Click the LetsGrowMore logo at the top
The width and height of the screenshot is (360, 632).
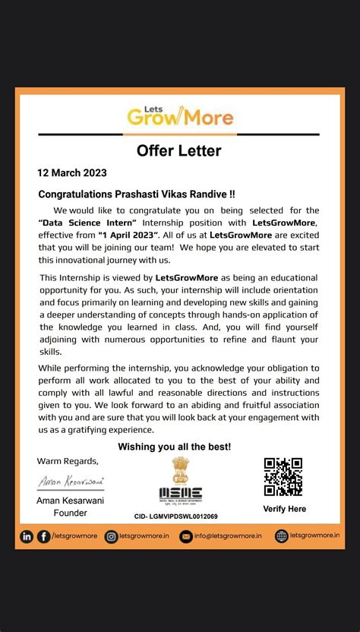point(180,115)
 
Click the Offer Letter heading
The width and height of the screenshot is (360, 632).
point(179,150)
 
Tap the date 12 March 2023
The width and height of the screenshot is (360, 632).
point(72,172)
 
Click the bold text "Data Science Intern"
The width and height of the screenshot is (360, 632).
point(87,222)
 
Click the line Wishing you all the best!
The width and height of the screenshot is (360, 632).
point(175,447)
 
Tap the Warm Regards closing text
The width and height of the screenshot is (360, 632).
point(68,461)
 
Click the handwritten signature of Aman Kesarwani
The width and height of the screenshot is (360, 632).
point(71,482)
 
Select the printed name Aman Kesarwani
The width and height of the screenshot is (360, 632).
point(71,500)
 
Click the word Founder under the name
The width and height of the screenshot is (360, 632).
point(71,513)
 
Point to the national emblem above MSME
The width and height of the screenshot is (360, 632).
point(180,468)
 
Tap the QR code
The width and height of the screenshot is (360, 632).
point(283,476)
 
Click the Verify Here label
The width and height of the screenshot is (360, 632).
point(284,509)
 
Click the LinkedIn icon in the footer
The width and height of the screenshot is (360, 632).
point(27,536)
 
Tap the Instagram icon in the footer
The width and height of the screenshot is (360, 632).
point(111,536)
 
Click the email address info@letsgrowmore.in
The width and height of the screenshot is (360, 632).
point(229,536)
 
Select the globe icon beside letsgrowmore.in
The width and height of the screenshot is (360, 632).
point(282,536)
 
